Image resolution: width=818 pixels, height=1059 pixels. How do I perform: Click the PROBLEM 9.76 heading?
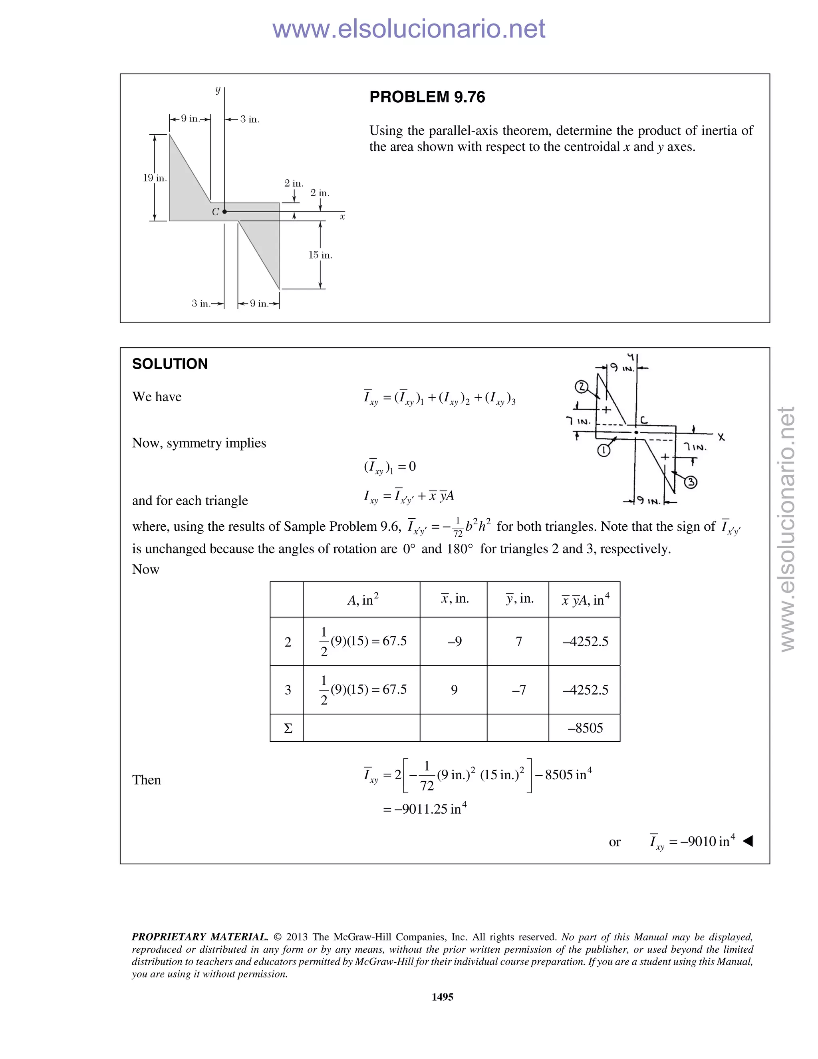pyautogui.click(x=427, y=97)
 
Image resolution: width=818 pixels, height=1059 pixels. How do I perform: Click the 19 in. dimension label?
pyautogui.click(x=155, y=178)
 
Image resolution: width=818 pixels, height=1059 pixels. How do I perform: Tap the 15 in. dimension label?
pyautogui.click(x=320, y=255)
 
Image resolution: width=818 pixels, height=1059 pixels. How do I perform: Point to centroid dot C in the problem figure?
pyautogui.click(x=224, y=212)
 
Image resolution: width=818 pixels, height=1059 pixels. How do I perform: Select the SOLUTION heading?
pyautogui.click(x=170, y=364)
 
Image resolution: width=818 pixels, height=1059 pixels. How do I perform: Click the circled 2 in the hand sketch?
pyautogui.click(x=582, y=387)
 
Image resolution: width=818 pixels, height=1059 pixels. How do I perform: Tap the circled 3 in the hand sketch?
pyautogui.click(x=690, y=482)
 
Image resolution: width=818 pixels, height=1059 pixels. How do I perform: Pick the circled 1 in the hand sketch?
pyautogui.click(x=604, y=450)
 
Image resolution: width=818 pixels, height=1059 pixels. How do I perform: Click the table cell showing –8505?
pyautogui.click(x=585, y=728)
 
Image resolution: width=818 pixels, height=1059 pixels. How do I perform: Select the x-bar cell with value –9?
pyautogui.click(x=454, y=641)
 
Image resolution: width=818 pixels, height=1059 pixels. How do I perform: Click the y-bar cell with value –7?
pyautogui.click(x=518, y=690)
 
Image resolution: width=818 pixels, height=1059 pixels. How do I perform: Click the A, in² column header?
pyautogui.click(x=363, y=600)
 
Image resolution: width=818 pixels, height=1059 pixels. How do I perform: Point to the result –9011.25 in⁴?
pyautogui.click(x=425, y=809)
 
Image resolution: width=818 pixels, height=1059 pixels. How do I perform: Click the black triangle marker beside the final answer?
pyautogui.click(x=748, y=841)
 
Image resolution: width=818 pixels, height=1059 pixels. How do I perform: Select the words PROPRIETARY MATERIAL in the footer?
pyautogui.click(x=200, y=937)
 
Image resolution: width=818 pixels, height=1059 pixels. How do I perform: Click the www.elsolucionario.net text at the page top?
pyautogui.click(x=409, y=29)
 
